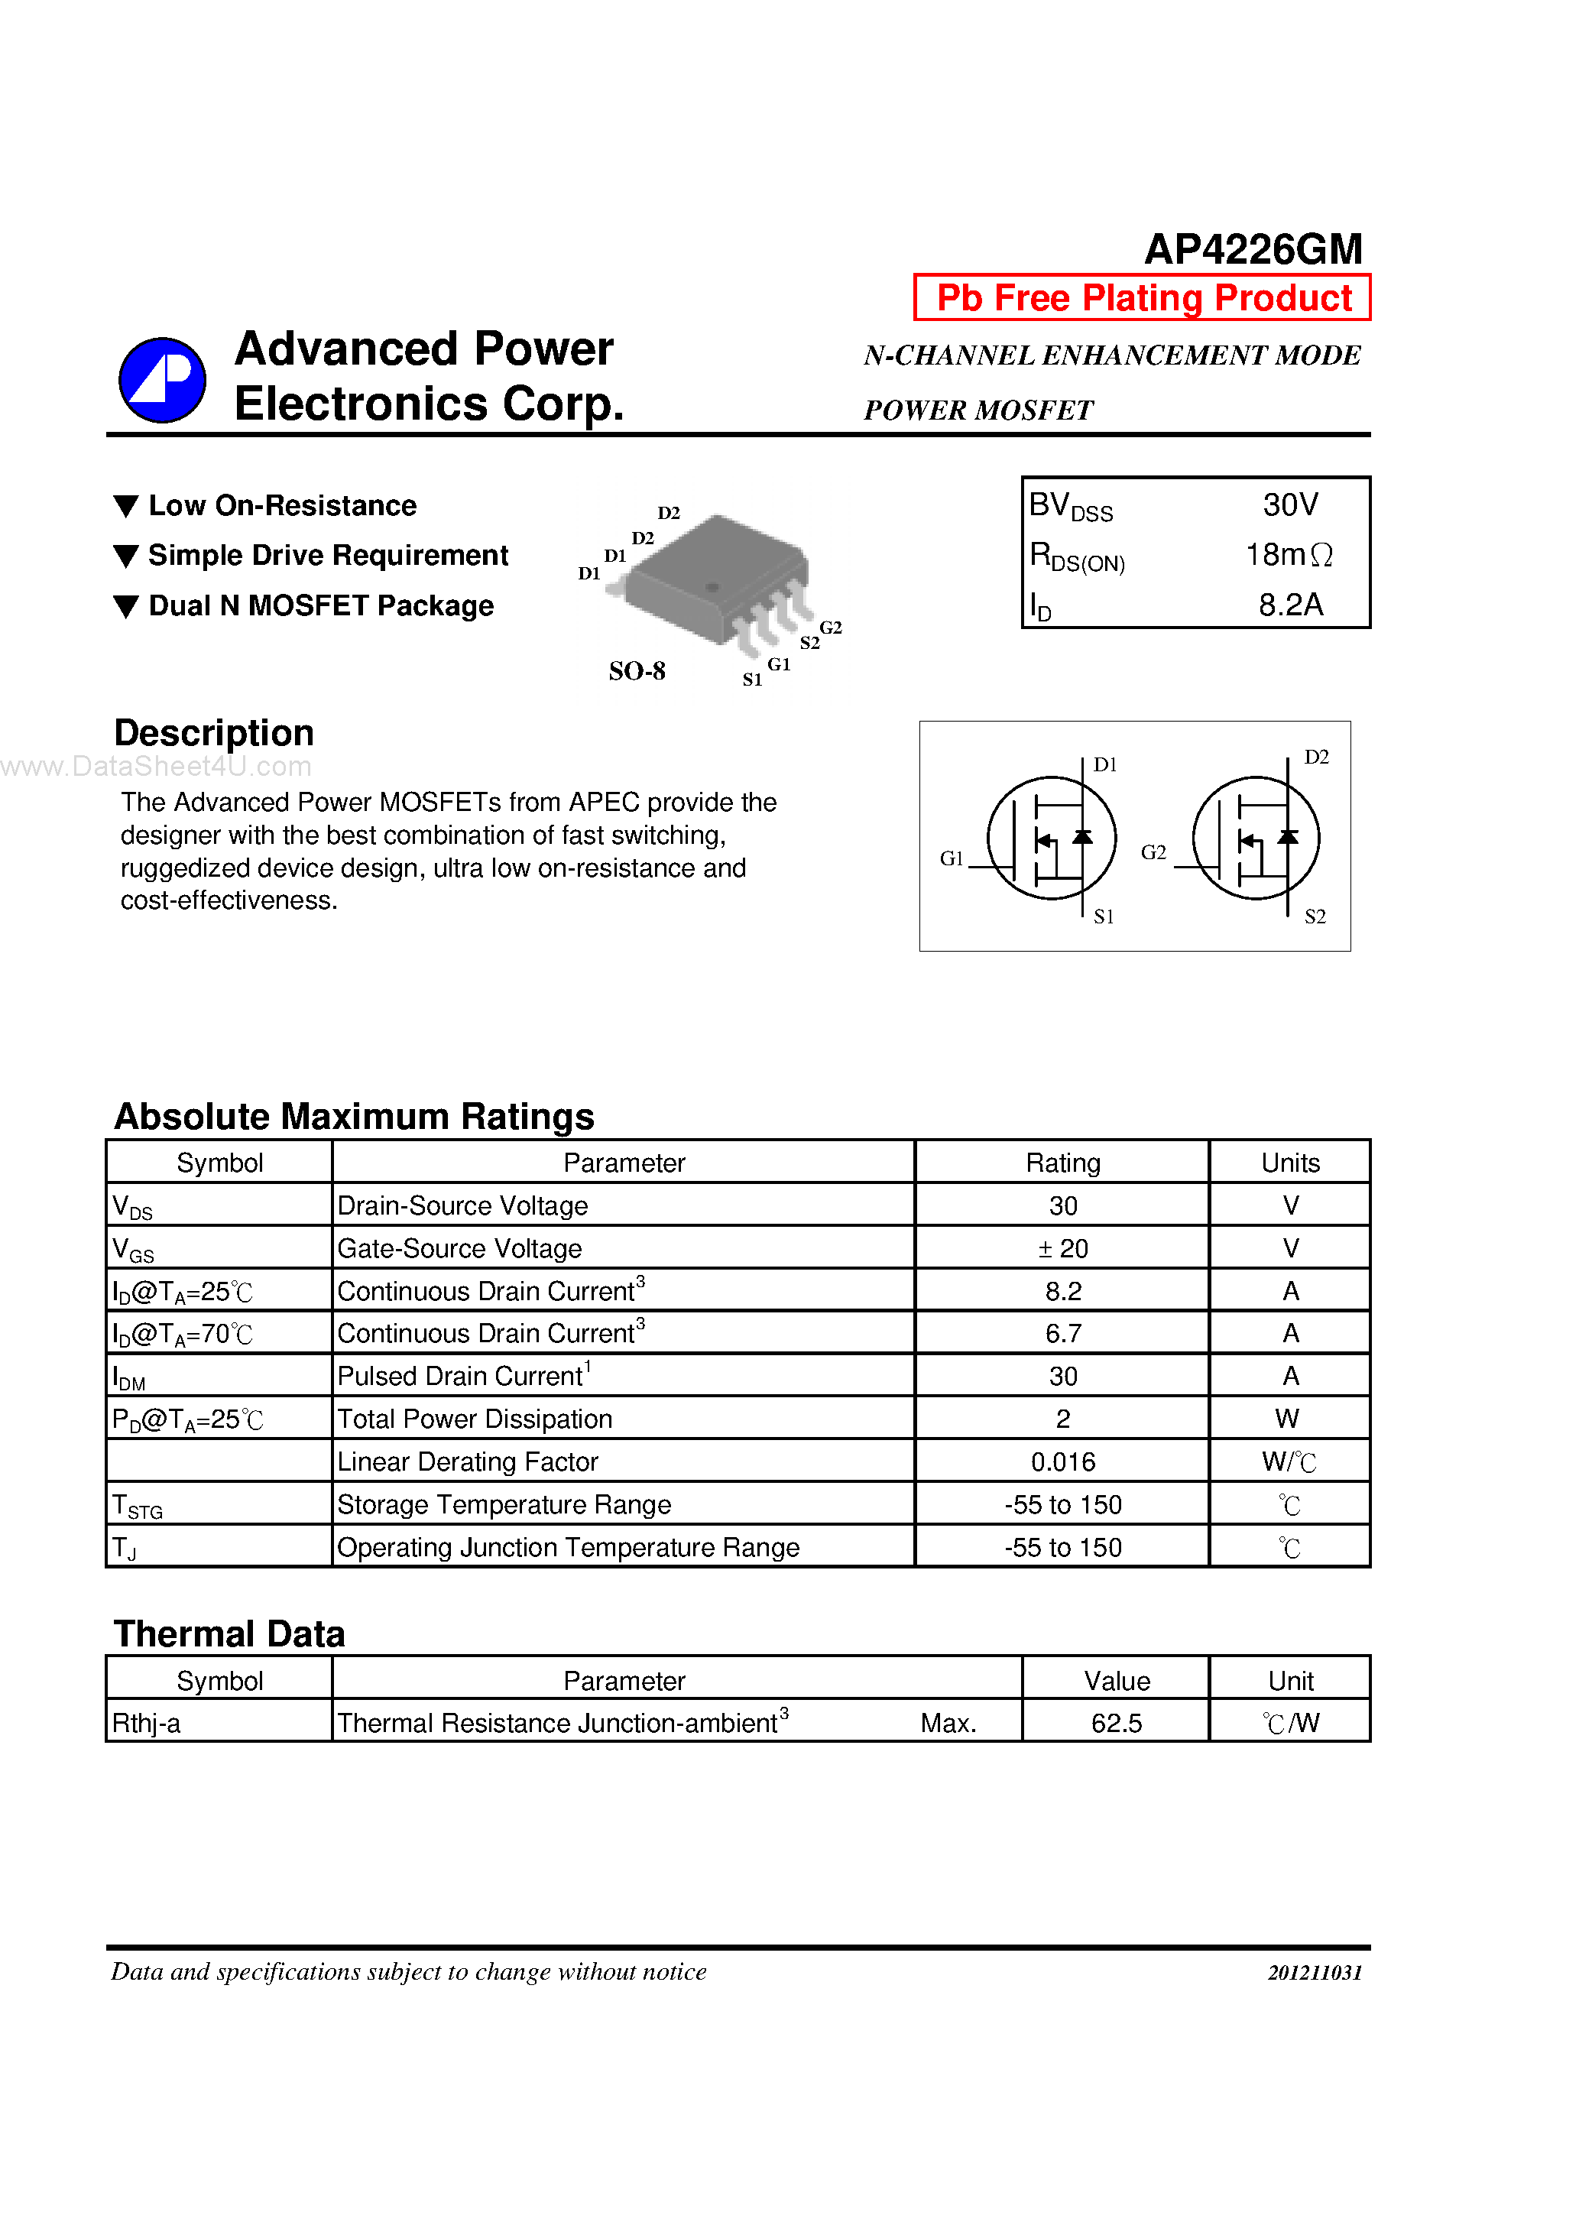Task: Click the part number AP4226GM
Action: (x=1252, y=250)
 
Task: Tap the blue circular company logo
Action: (x=161, y=381)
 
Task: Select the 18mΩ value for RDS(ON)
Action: (x=1288, y=555)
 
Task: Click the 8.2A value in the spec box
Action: (x=1290, y=605)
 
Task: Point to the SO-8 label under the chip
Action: (x=637, y=670)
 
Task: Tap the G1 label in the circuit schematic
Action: (x=951, y=858)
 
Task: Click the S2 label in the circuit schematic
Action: (x=1315, y=916)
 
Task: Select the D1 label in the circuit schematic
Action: (x=1105, y=764)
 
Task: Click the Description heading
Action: (x=214, y=733)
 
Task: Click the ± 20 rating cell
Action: (x=1062, y=1248)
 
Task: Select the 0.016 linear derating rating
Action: (x=1062, y=1461)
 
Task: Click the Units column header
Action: (x=1290, y=1163)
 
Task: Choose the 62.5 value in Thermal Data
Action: (x=1116, y=1723)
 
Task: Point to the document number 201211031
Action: (x=1315, y=1972)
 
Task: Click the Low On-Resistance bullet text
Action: (x=282, y=505)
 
